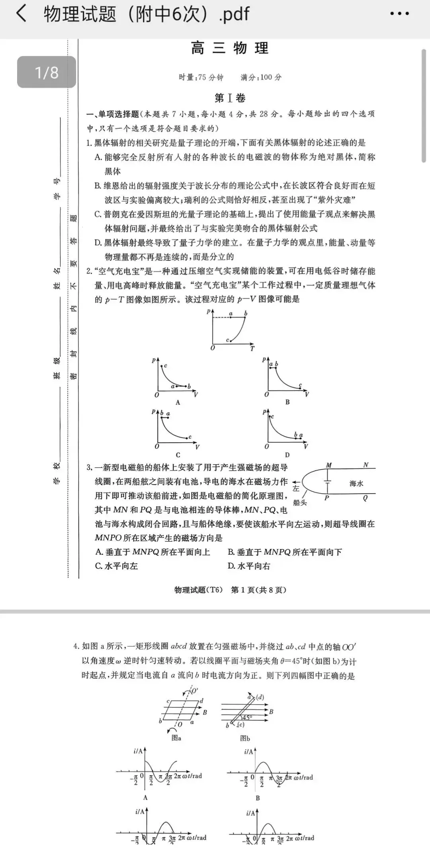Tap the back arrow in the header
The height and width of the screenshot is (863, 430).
[21, 14]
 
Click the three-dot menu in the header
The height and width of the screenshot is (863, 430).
[399, 14]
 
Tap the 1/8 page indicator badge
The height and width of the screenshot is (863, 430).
[47, 72]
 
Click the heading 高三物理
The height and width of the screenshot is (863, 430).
[230, 48]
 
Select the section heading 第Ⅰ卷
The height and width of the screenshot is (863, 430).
[230, 98]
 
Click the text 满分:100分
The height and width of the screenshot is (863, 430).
[261, 77]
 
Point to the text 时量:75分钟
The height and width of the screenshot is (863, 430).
[201, 77]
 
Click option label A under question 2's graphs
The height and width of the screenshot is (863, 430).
[178, 402]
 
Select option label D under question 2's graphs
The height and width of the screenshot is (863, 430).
[287, 455]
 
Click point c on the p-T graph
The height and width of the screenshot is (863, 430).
[231, 341]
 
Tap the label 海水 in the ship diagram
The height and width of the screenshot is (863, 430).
[356, 483]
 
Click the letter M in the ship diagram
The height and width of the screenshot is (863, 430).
[328, 465]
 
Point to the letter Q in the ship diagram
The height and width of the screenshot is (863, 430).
[365, 498]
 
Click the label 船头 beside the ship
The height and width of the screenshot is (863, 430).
[300, 502]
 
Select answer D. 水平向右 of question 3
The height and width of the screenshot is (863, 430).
[249, 566]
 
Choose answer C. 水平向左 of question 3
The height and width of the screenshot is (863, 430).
[116, 566]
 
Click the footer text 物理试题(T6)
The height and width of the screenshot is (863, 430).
[199, 590]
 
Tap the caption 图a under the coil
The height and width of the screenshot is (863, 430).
[176, 738]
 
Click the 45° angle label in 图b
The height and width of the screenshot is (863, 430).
[247, 718]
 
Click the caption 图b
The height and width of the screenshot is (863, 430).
[245, 738]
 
